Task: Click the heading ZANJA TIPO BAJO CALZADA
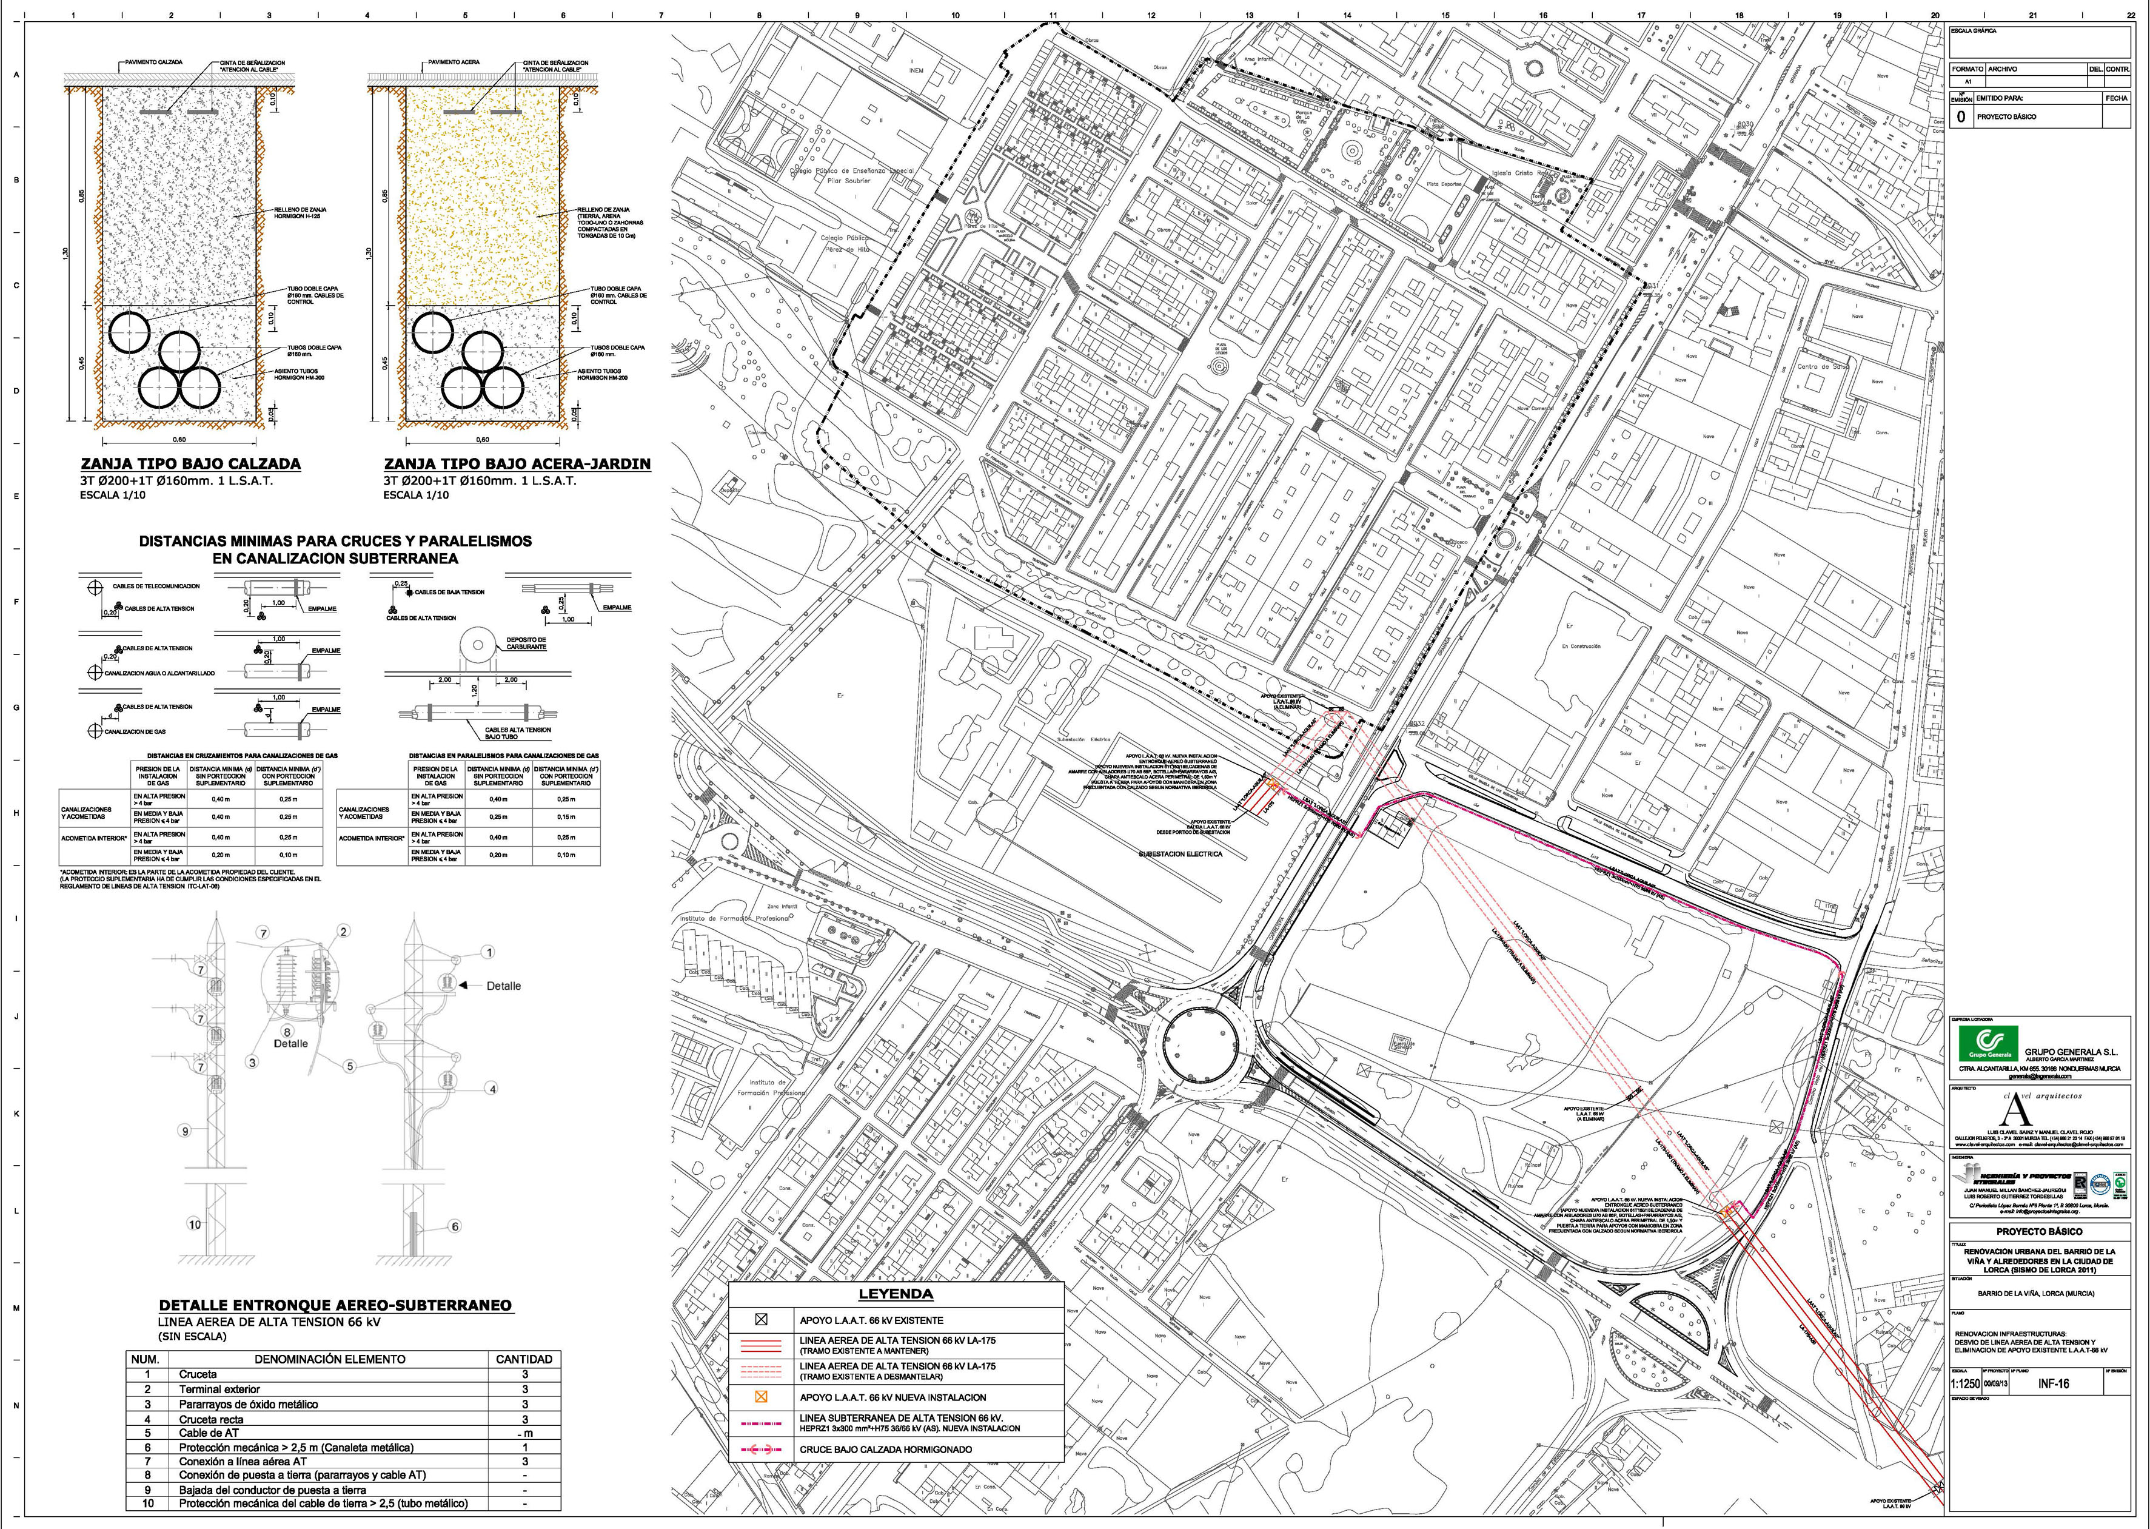pyautogui.click(x=190, y=463)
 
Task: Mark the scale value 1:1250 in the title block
pyautogui.click(x=1966, y=1384)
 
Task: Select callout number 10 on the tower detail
pyautogui.click(x=194, y=1225)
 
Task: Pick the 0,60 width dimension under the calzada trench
pyautogui.click(x=179, y=440)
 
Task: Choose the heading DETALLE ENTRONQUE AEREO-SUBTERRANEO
pyautogui.click(x=335, y=1305)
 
